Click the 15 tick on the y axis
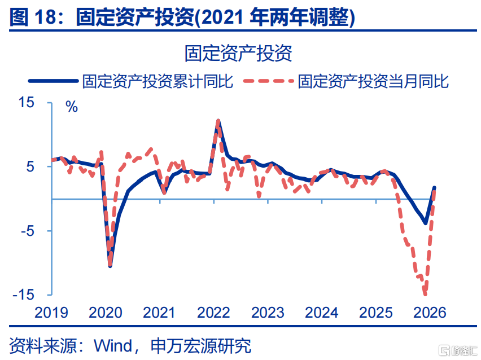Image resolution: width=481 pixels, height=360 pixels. [27, 103]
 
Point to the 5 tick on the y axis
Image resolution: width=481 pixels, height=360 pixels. [30, 167]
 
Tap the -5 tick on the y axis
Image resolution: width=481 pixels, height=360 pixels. [27, 231]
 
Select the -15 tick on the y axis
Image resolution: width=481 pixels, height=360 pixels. [24, 295]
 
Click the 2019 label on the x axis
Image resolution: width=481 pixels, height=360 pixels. [51, 313]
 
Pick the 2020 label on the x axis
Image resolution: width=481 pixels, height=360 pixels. [106, 313]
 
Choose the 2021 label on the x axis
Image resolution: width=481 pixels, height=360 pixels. [159, 313]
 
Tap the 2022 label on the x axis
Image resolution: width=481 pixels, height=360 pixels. [213, 313]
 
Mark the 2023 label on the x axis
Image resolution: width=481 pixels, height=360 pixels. [267, 313]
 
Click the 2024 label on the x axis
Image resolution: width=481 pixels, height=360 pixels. [321, 313]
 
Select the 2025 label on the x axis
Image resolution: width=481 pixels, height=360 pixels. [375, 313]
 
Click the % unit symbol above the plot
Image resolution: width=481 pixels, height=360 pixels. [72, 107]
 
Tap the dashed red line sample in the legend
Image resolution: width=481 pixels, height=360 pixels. [268, 81]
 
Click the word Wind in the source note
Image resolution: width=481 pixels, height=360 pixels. [112, 345]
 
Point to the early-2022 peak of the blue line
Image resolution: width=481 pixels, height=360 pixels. [218, 121]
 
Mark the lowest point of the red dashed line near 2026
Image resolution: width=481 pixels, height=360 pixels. [425, 294]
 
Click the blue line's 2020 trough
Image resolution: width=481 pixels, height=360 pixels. [110, 266]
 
